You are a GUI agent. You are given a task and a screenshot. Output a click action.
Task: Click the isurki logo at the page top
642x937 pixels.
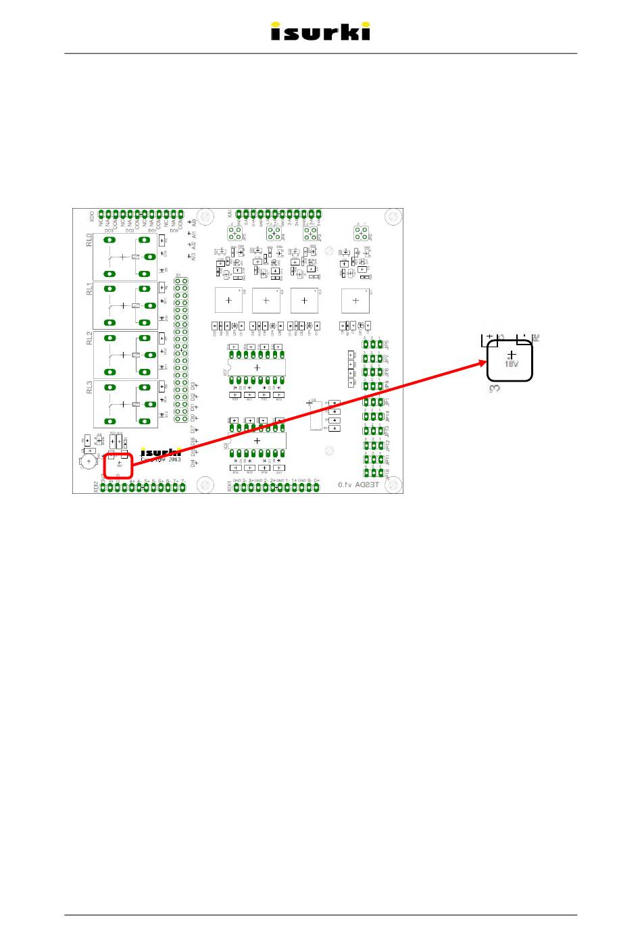pos(320,32)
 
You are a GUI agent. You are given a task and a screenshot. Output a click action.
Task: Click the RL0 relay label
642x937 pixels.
pos(89,240)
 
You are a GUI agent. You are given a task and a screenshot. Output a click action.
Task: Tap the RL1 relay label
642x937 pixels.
pos(89,289)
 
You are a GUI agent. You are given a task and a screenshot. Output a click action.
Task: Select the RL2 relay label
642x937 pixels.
pos(89,338)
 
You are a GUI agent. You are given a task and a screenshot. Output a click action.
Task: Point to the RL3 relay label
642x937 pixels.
pos(89,387)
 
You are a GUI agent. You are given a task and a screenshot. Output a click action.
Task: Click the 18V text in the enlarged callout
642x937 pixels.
pos(512,363)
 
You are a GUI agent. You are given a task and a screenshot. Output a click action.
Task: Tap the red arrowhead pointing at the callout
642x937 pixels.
pos(480,364)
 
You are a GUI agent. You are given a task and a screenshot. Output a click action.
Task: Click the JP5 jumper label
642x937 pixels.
pos(387,344)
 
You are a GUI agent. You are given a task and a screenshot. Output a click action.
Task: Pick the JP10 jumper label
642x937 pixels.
pos(387,474)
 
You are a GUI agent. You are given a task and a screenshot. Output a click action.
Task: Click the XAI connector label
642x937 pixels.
pos(230,214)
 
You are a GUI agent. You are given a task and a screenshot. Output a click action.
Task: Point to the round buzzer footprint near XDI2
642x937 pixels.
pos(89,461)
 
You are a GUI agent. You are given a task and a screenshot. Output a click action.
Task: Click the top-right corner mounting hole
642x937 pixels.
pos(393,217)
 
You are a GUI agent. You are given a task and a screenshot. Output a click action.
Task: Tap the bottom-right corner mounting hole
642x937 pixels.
pos(393,484)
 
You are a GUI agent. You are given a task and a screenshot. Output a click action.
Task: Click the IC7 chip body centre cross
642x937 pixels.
pos(257,368)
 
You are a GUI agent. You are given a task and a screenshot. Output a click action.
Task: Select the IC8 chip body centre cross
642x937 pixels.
pos(257,441)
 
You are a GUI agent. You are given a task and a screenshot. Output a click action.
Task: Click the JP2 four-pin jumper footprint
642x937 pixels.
pos(360,233)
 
